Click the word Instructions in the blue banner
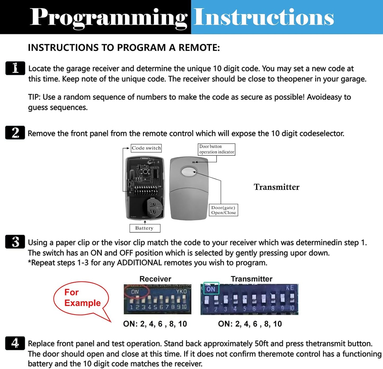[x=264, y=17]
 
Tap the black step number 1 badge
[x=15, y=68]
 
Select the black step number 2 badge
[x=15, y=133]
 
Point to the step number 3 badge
[x=15, y=242]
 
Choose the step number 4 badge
[x=15, y=343]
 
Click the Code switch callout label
[x=146, y=148]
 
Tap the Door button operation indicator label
[x=217, y=149]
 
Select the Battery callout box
[x=145, y=228]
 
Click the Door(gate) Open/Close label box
[x=223, y=210]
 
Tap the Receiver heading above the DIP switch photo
[x=155, y=279]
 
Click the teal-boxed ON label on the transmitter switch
[x=211, y=289]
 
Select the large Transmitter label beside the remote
[x=276, y=187]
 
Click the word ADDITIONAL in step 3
[x=139, y=263]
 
